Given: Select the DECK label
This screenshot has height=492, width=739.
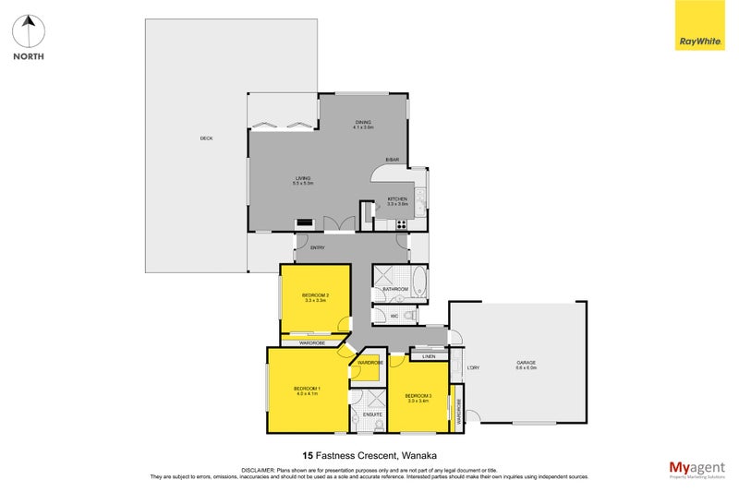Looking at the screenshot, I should tap(206, 138).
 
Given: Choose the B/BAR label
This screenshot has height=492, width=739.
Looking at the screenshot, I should tap(393, 161).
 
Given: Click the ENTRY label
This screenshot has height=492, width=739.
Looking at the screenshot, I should tap(317, 247).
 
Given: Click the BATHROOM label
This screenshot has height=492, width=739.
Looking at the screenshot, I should tap(395, 289).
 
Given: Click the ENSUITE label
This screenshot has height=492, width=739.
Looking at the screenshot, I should tap(373, 414).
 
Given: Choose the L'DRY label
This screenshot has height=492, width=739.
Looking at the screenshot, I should tap(472, 368).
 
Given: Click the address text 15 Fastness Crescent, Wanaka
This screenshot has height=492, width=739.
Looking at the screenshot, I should tap(369, 455).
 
